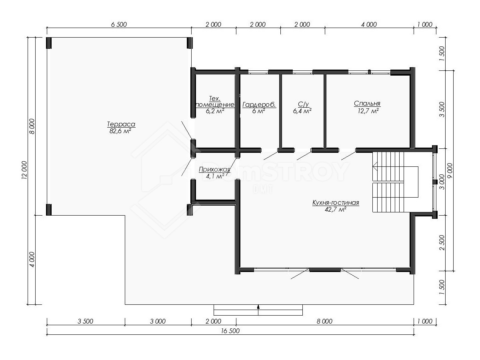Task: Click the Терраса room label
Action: (x=121, y=124)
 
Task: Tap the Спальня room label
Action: (x=367, y=103)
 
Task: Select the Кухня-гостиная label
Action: (x=336, y=203)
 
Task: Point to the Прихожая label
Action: (x=214, y=169)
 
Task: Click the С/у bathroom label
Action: (x=303, y=104)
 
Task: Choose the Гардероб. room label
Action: (x=259, y=105)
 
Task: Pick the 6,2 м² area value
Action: (x=215, y=111)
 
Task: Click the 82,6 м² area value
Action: (x=120, y=131)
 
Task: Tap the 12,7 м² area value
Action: (x=368, y=111)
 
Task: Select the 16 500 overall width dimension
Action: (x=230, y=331)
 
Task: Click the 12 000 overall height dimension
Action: (x=24, y=170)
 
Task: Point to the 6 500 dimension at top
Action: (x=119, y=24)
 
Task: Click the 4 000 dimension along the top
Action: (x=369, y=24)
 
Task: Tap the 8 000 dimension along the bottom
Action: (x=324, y=321)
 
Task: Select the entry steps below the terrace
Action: (x=258, y=310)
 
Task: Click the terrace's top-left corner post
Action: (x=48, y=43)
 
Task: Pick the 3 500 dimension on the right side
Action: (x=442, y=110)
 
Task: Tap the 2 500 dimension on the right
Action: (x=442, y=243)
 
